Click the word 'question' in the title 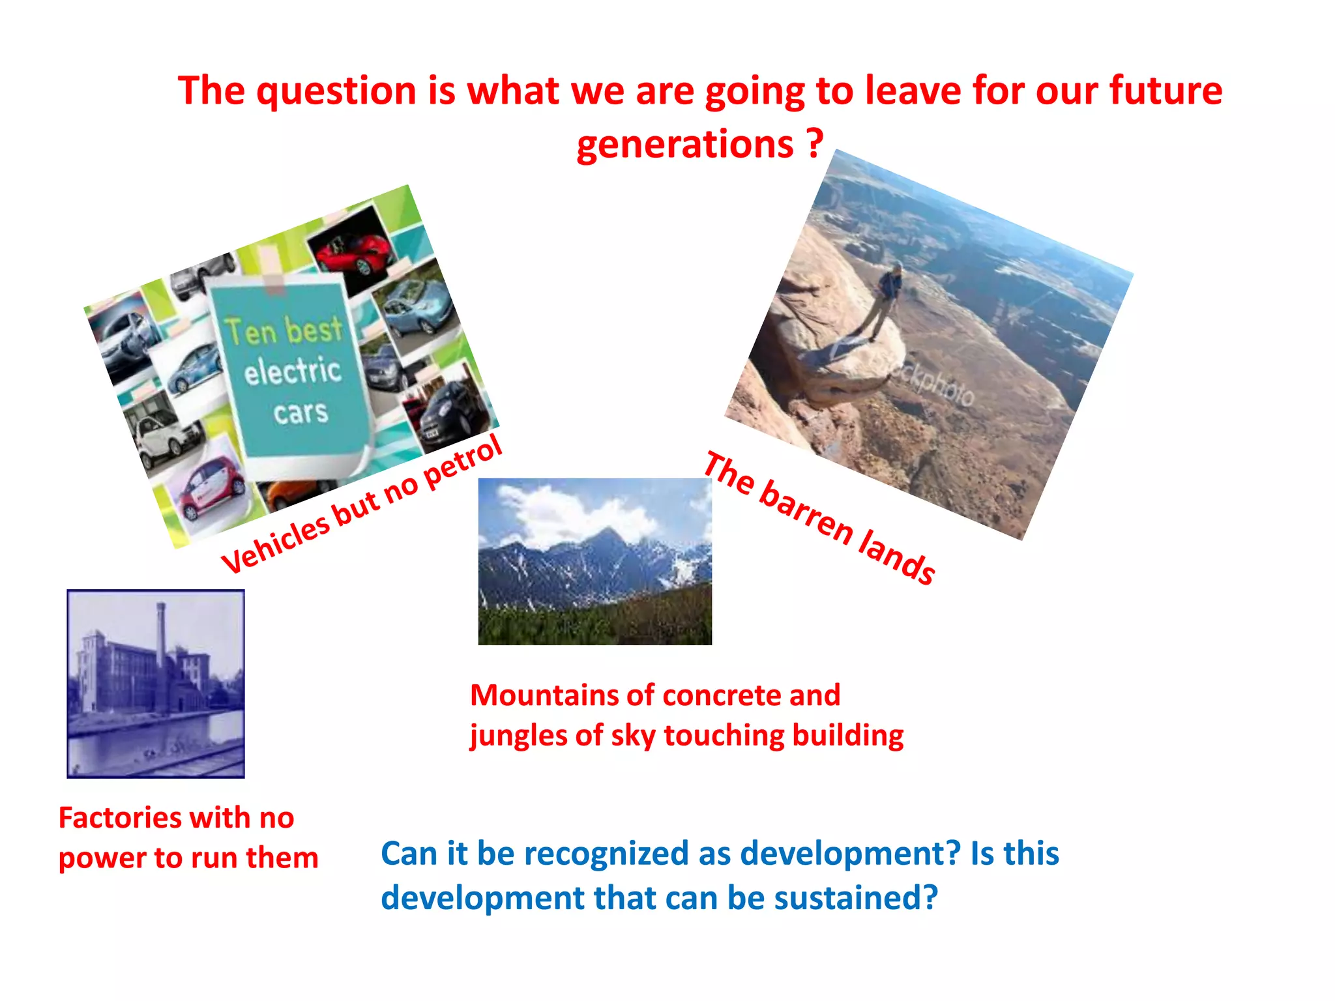[336, 91]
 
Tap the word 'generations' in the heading [684, 145]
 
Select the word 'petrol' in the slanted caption [463, 464]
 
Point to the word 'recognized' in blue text [606, 854]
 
